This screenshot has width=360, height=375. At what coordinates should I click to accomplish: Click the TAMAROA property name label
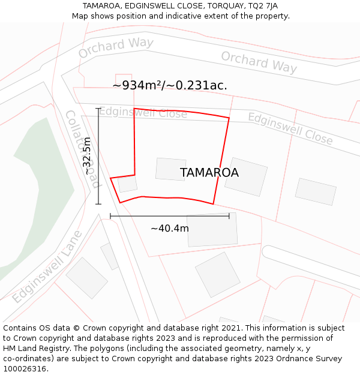(209, 173)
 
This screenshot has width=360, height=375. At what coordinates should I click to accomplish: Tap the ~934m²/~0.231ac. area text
(170, 85)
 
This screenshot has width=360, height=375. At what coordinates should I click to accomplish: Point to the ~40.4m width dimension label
(170, 229)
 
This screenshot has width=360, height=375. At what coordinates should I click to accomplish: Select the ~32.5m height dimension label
(88, 156)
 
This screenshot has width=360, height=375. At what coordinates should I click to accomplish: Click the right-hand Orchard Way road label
(259, 62)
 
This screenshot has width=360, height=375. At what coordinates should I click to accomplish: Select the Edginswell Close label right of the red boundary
(290, 128)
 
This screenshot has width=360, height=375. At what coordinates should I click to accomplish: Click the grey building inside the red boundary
(170, 169)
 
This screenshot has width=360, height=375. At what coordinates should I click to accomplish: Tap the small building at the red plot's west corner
(127, 184)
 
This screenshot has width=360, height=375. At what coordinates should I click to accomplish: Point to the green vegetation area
(42, 180)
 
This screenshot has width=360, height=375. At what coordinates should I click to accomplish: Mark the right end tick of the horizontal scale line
(229, 216)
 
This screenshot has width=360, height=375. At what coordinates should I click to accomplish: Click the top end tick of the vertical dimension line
(98, 109)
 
